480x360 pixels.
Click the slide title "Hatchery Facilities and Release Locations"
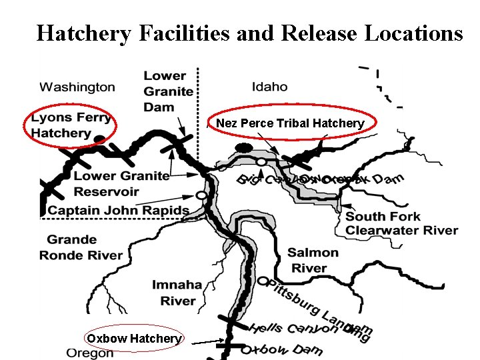(249, 33)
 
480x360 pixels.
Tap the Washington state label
(77, 87)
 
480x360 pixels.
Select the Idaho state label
(270, 86)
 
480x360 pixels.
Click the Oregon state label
(90, 353)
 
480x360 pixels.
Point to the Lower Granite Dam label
(169, 91)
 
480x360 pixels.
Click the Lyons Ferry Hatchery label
(71, 125)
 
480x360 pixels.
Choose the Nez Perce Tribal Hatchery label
(290, 123)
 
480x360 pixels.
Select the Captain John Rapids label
(119, 211)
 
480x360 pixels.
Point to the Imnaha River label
(177, 293)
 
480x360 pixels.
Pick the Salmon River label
(313, 260)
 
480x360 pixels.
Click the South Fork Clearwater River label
(401, 223)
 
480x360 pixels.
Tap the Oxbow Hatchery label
(134, 339)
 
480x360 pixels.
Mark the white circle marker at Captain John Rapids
(200, 195)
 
